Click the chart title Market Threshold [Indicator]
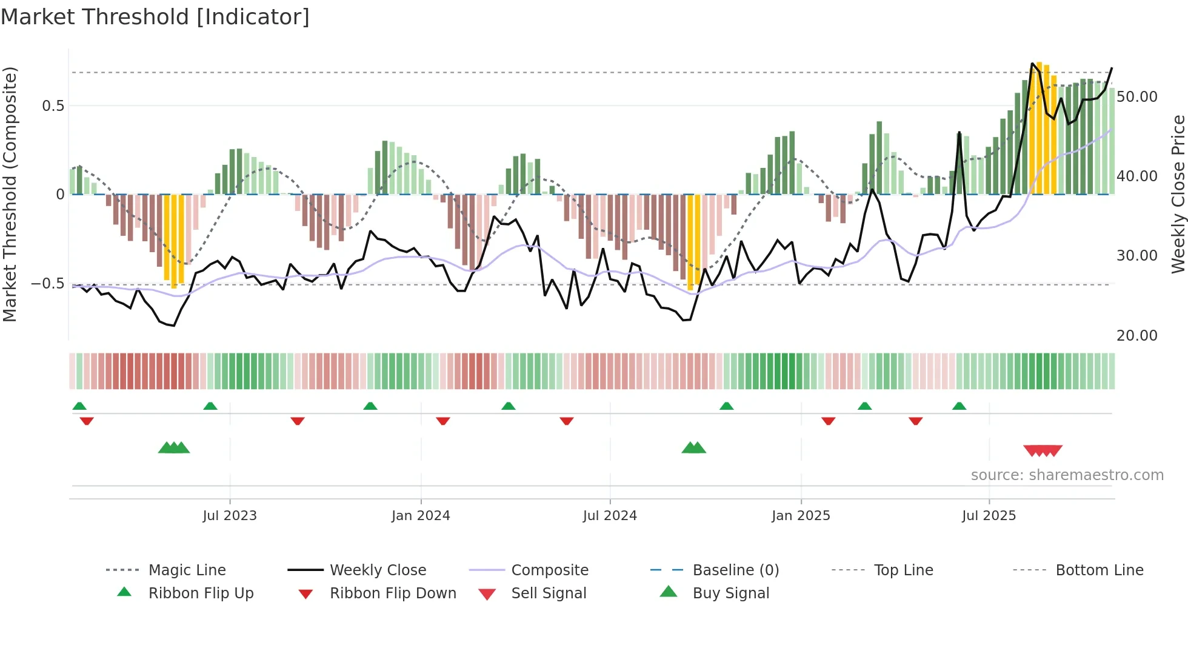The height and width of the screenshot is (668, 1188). [155, 17]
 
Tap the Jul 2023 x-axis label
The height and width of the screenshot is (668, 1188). [230, 516]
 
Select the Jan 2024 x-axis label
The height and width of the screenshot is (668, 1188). [421, 516]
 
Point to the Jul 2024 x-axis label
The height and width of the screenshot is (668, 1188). [610, 516]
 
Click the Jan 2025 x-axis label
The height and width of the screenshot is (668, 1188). [801, 516]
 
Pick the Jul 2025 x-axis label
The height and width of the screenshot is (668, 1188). [989, 516]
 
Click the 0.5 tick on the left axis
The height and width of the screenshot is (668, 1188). [53, 106]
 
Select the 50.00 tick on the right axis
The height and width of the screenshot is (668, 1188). [1136, 97]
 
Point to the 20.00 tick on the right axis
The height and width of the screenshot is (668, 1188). [1136, 335]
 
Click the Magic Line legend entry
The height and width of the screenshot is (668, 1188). [187, 570]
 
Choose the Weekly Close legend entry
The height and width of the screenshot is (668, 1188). [378, 570]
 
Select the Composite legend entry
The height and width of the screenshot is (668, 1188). [549, 570]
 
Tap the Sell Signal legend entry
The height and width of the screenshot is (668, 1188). [549, 593]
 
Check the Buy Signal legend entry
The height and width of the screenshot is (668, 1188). [730, 593]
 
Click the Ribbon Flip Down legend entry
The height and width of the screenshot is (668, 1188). [393, 593]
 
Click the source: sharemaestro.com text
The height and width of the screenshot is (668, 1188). [1067, 475]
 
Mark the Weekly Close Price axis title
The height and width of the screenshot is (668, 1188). [1178, 194]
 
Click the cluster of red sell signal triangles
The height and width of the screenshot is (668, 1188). [1043, 450]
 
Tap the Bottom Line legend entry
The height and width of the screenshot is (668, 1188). [1099, 570]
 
